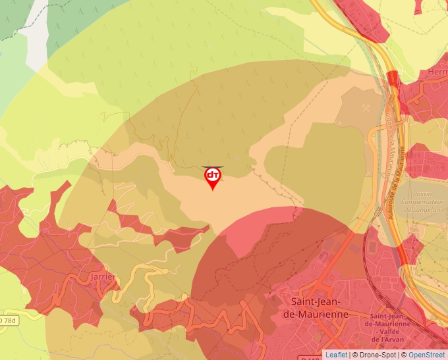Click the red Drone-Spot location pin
[x=213, y=177]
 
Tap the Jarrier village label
[x=103, y=277]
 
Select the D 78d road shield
[x=9, y=321]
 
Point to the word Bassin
[x=422, y=195]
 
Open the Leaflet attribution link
[x=336, y=355]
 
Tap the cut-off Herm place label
[x=437, y=72]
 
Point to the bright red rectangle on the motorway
[x=393, y=78]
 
